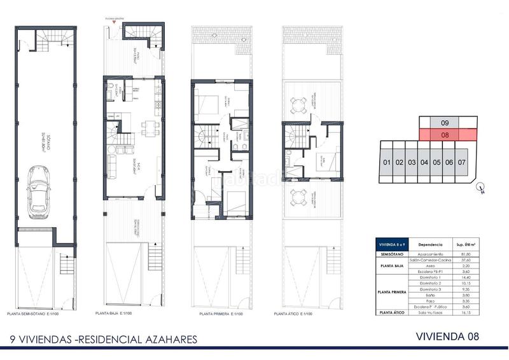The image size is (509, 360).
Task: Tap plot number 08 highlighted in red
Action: (445, 135)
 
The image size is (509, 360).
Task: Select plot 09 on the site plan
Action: (445, 122)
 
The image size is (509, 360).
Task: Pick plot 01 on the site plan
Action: (386, 163)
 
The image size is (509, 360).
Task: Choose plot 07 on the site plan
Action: (462, 163)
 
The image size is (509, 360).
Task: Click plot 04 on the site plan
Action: (424, 163)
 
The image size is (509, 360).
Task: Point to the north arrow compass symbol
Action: (482, 188)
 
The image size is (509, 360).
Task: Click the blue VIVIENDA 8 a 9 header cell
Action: (391, 244)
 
